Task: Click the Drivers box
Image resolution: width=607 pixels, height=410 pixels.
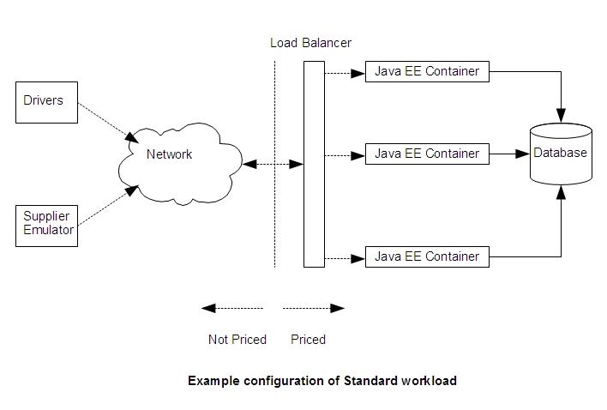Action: [46, 102]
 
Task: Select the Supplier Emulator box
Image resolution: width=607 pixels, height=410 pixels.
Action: [46, 224]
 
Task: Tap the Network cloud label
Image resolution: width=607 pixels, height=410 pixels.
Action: [169, 154]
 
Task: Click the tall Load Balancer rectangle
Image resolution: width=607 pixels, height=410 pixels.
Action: [314, 164]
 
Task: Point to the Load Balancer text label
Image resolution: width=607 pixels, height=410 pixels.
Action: [310, 43]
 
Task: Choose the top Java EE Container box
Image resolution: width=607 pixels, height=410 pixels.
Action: [427, 71]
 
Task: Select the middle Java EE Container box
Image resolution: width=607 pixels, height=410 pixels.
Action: [427, 154]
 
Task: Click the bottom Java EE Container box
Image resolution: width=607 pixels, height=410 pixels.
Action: [427, 256]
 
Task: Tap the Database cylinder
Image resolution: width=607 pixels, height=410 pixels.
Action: [561, 154]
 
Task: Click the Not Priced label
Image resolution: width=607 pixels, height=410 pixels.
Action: [237, 340]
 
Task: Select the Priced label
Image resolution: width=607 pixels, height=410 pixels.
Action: [308, 340]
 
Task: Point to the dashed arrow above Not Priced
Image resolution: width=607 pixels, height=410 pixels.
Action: [232, 308]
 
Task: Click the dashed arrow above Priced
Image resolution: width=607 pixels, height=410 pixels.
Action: [314, 308]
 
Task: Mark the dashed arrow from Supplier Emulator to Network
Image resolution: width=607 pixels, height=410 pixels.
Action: [108, 207]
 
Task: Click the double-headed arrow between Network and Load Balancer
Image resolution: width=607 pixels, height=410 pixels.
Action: [273, 163]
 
